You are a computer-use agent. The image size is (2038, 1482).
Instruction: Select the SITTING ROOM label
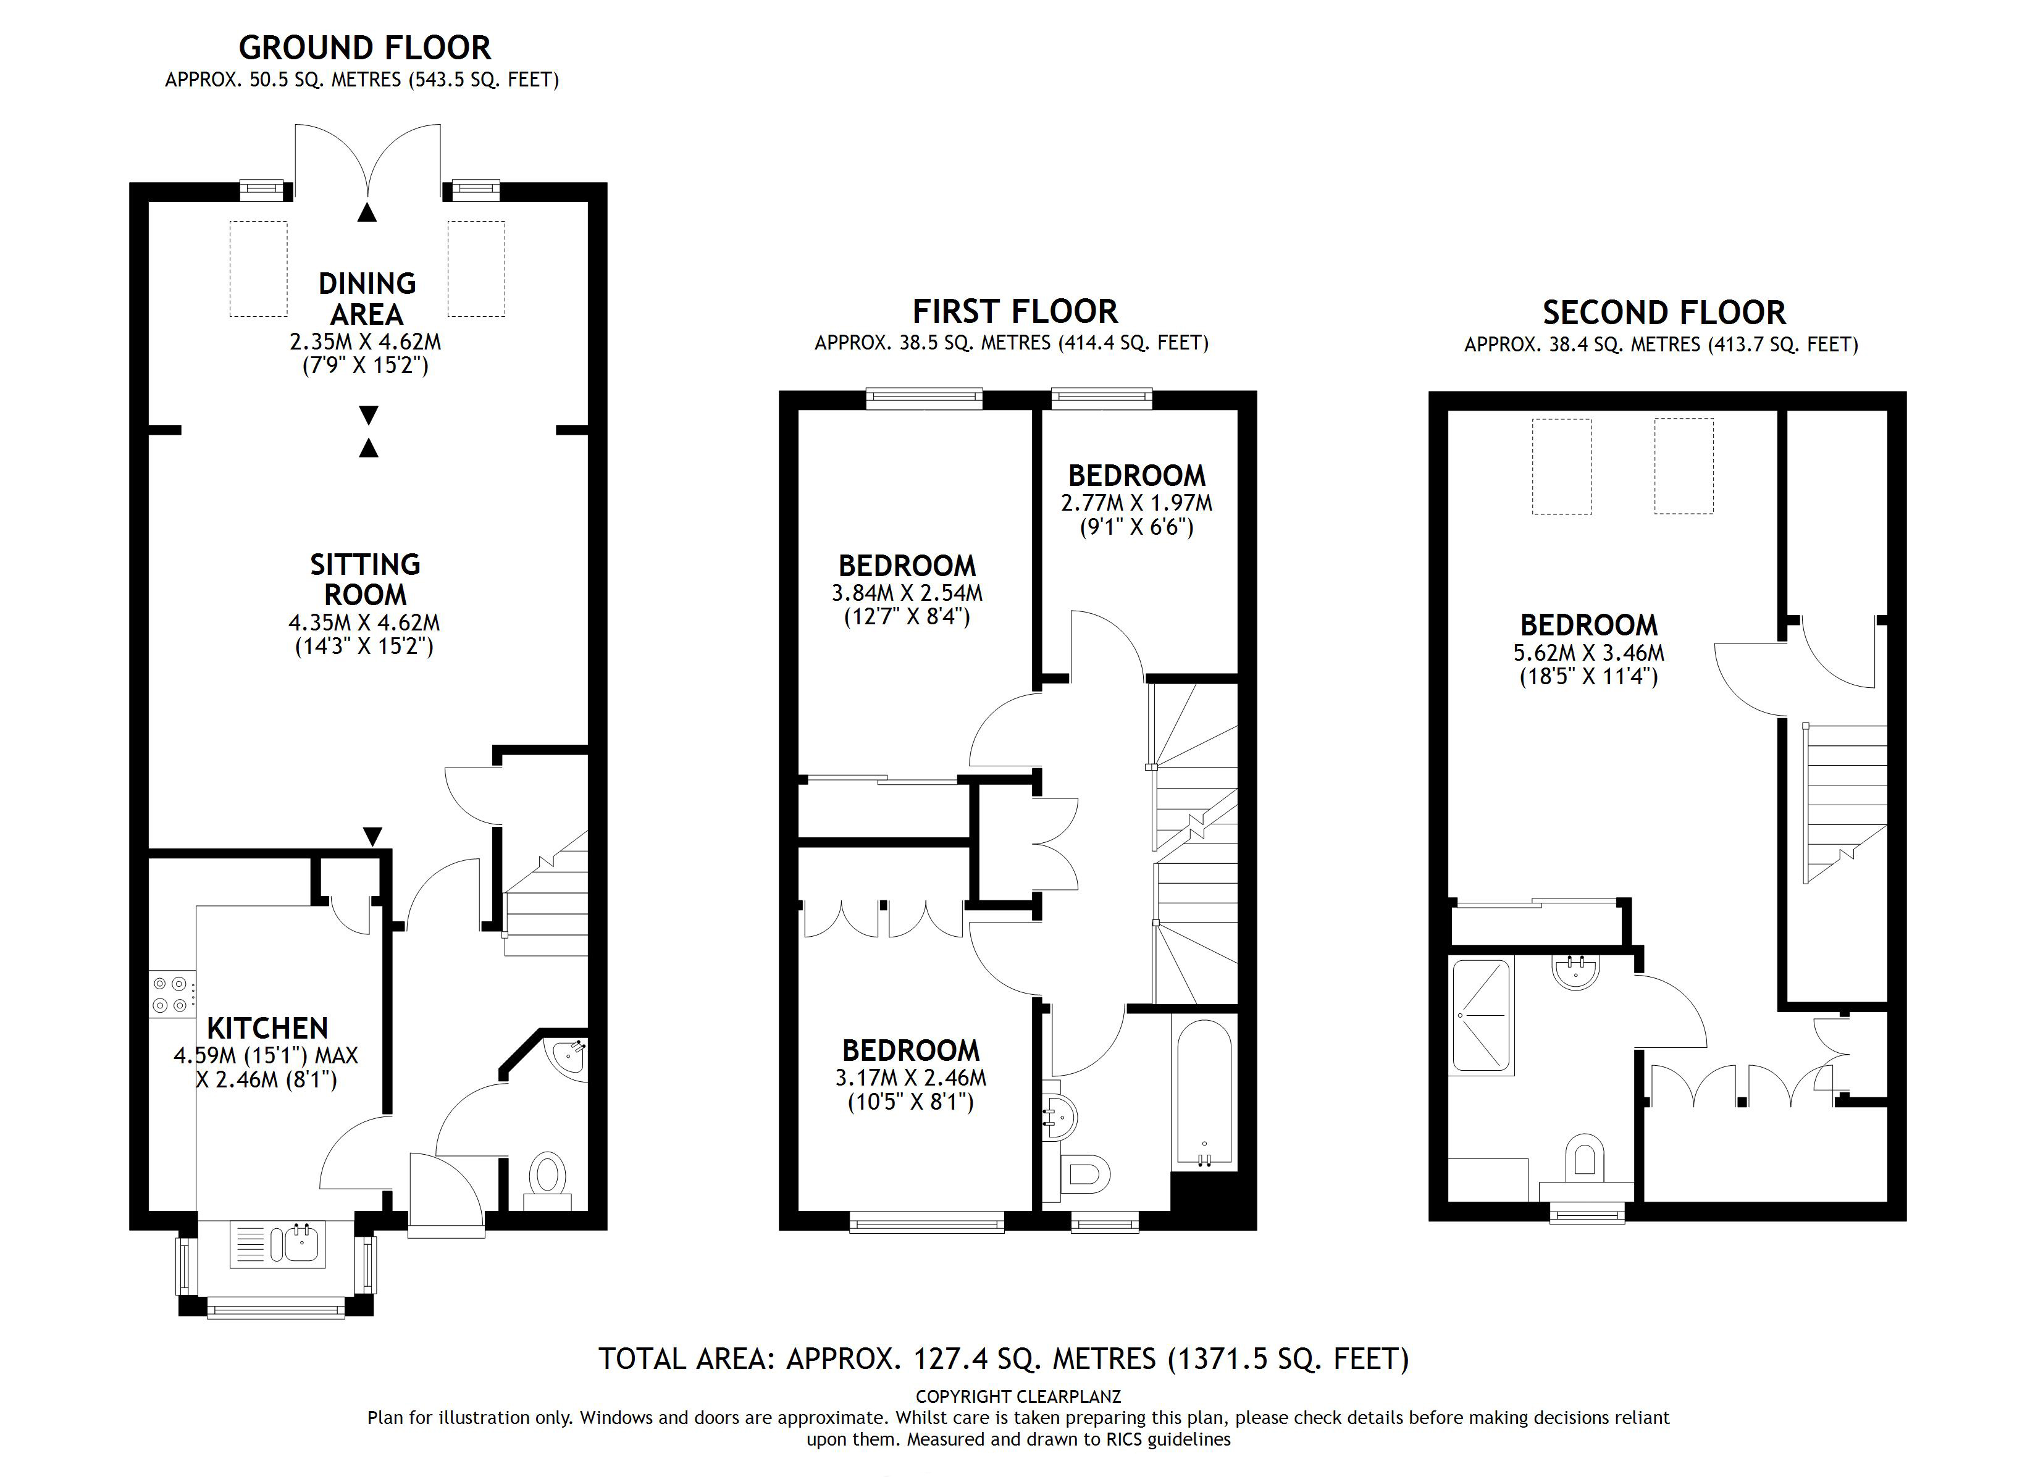(x=365, y=580)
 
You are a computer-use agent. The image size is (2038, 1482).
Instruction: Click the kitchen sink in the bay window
(x=278, y=1244)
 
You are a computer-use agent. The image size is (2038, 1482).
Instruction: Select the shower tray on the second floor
(x=1481, y=1016)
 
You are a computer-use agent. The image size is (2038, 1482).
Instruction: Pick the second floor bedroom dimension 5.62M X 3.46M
(x=1588, y=653)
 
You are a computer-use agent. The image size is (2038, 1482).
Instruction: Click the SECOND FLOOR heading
(x=1663, y=312)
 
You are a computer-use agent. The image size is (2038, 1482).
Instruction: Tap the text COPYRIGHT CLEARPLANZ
(x=1018, y=1397)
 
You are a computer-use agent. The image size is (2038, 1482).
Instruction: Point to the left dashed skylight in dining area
(x=259, y=269)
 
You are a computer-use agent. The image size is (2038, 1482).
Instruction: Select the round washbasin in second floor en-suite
(x=1575, y=971)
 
